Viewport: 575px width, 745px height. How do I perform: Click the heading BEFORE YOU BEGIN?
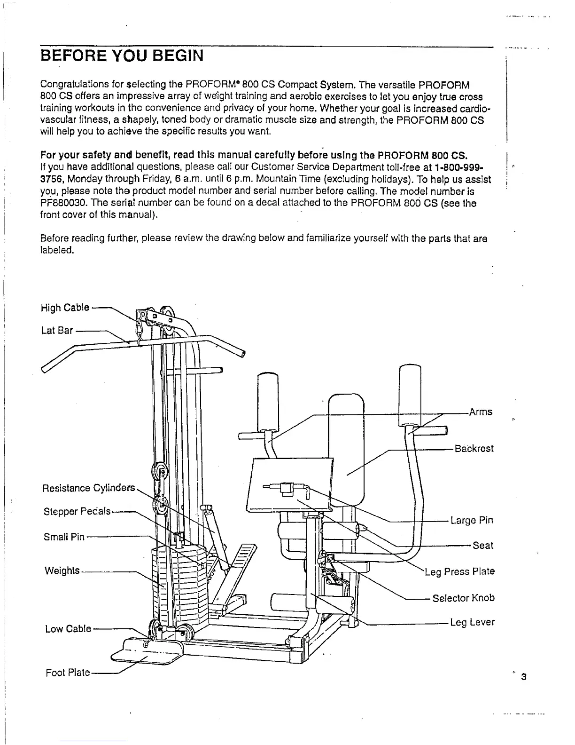(x=122, y=56)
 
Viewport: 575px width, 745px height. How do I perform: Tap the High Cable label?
(x=64, y=308)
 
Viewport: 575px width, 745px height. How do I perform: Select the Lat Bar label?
(x=57, y=330)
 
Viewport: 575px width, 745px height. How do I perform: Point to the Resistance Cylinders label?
(x=88, y=488)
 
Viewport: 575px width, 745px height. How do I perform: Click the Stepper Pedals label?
(x=77, y=511)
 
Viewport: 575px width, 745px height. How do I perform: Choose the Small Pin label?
(x=64, y=536)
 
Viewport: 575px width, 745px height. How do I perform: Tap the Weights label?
(x=62, y=571)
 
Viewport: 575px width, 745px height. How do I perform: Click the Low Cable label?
(x=68, y=629)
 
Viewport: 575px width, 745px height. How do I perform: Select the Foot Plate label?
(x=68, y=673)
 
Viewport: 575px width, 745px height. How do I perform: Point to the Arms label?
(x=481, y=412)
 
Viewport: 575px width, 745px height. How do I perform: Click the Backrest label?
(x=474, y=448)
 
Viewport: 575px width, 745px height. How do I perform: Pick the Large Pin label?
(x=472, y=520)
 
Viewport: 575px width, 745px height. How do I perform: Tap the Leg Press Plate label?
(x=459, y=571)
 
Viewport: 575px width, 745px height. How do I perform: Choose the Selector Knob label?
(x=463, y=598)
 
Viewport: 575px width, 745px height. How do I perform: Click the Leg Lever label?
(x=472, y=622)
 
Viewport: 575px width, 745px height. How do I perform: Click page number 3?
(x=524, y=677)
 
